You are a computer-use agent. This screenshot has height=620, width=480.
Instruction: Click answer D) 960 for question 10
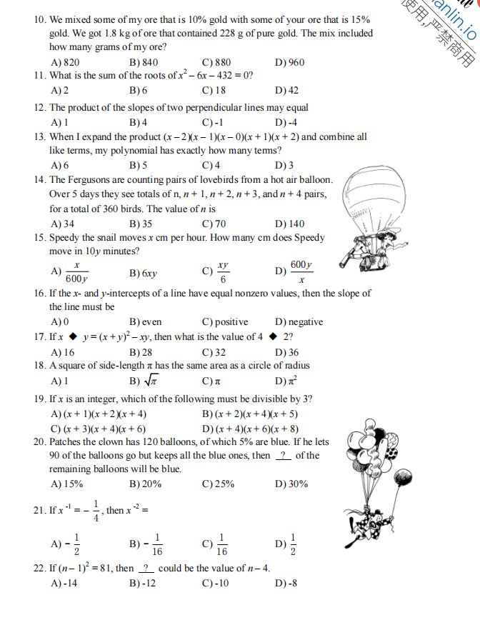[289, 62]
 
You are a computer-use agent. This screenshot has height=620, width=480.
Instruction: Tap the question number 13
[40, 137]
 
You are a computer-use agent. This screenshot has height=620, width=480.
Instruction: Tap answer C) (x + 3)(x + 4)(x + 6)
[99, 429]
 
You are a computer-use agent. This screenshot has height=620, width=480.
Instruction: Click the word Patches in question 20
[66, 442]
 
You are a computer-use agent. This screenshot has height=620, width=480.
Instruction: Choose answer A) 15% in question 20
[67, 484]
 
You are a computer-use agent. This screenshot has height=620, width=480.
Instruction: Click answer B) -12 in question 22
[142, 583]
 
